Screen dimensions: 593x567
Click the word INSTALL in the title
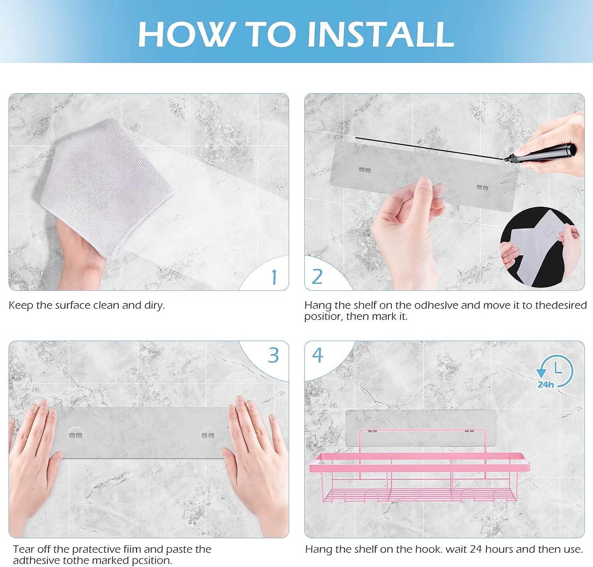pyautogui.click(x=380, y=34)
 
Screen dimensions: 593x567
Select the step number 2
pyautogui.click(x=317, y=277)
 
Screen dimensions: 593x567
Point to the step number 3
pyautogui.click(x=274, y=355)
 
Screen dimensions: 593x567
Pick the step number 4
pyautogui.click(x=318, y=355)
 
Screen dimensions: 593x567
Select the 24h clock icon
pyautogui.click(x=554, y=371)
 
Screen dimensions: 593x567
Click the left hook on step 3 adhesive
pyautogui.click(x=76, y=435)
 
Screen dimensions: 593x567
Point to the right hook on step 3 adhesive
pyautogui.click(x=208, y=435)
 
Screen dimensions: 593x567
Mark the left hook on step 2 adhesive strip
pyautogui.click(x=365, y=170)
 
